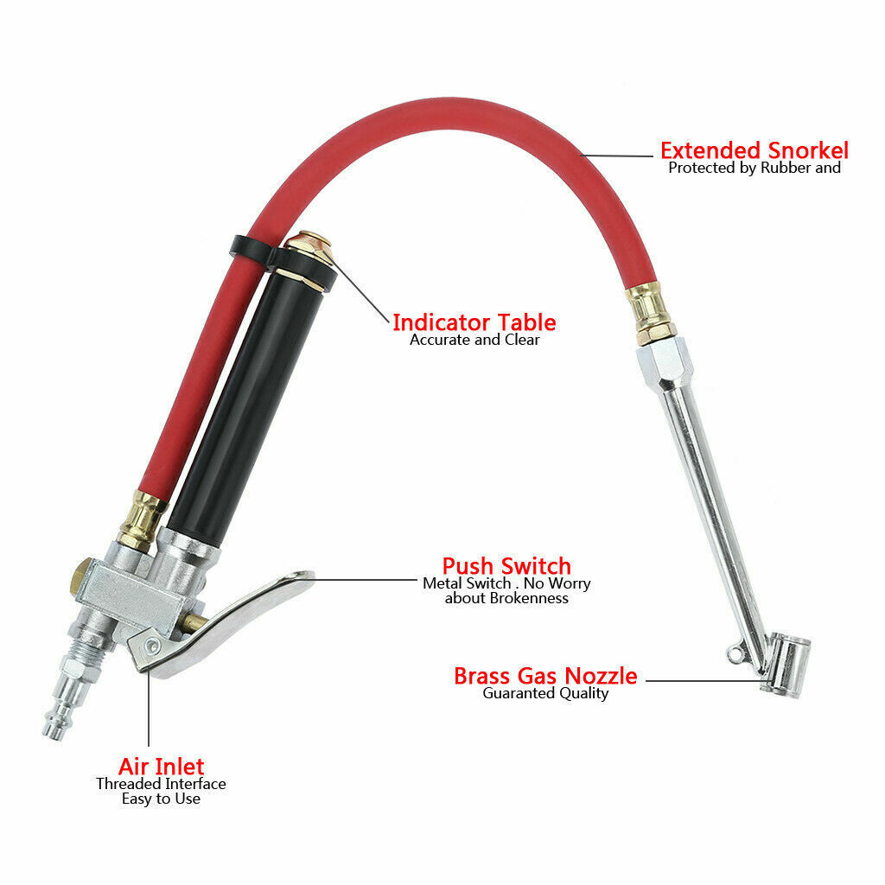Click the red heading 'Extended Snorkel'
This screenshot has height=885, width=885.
(754, 150)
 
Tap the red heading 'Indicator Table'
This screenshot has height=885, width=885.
(474, 323)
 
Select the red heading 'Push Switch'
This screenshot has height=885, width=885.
(506, 566)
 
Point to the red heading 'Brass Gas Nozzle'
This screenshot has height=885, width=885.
(545, 676)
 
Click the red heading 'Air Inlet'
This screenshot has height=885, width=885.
(161, 767)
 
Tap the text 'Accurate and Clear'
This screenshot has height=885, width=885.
(474, 340)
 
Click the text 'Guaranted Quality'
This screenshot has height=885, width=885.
(545, 693)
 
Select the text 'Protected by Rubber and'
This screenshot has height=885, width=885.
(754, 168)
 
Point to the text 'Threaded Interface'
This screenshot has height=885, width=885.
(161, 784)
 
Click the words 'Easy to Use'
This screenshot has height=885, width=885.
(161, 799)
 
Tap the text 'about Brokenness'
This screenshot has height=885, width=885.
(506, 598)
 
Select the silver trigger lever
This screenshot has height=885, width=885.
(226, 621)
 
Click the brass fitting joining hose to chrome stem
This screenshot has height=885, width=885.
(652, 313)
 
